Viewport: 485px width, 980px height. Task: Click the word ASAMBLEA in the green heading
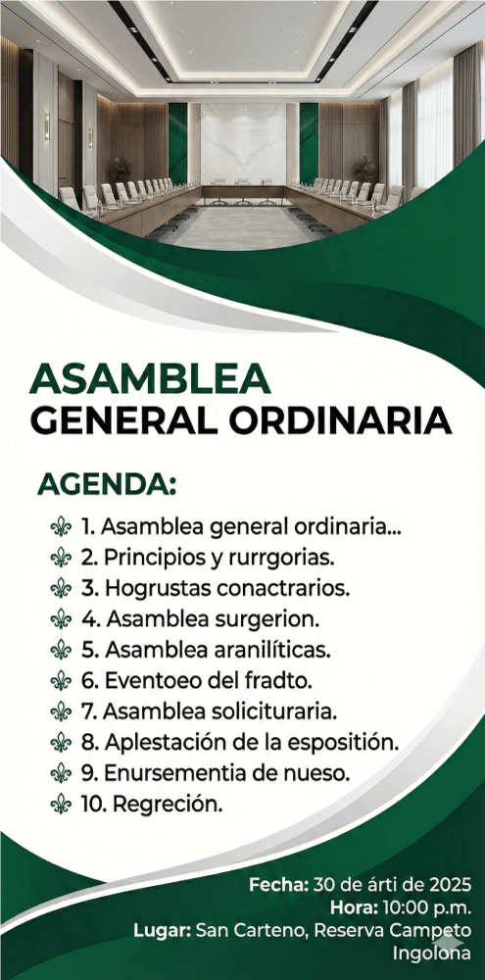pyautogui.click(x=150, y=378)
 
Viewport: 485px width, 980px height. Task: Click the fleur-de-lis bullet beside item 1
pyautogui.click(x=61, y=527)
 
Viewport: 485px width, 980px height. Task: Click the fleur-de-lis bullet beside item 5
pyautogui.click(x=61, y=650)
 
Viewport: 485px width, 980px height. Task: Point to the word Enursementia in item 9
pyautogui.click(x=167, y=772)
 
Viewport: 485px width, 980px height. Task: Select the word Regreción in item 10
pyautogui.click(x=167, y=805)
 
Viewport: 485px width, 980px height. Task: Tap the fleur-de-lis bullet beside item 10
pyautogui.click(x=61, y=804)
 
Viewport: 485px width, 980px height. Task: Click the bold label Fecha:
pyautogui.click(x=278, y=884)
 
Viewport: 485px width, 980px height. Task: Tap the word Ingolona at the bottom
pyautogui.click(x=432, y=954)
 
